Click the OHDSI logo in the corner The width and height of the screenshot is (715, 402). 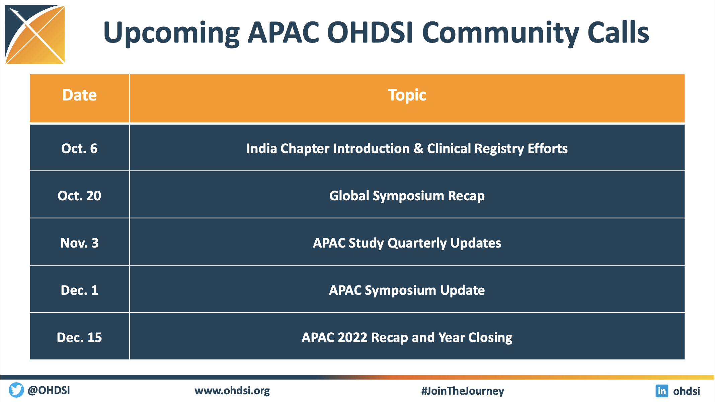coord(35,35)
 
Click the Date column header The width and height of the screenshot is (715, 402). coord(79,95)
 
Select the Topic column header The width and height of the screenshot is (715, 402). coord(407,95)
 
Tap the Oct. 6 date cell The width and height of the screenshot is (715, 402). coord(79,148)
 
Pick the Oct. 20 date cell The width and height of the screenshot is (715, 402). coord(79,196)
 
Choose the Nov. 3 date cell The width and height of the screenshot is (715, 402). coord(79,243)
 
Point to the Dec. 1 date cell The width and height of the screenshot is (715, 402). coord(79,290)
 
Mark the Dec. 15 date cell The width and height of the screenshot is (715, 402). coord(79,337)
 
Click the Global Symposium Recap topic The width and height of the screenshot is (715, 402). coord(407,196)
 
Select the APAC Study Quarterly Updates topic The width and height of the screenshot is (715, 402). coord(407,243)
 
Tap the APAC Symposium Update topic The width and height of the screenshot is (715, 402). coord(407,290)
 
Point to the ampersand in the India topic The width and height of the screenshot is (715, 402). coord(418,148)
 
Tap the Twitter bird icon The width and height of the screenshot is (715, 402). coord(16,390)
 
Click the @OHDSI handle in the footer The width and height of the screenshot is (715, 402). coord(49,390)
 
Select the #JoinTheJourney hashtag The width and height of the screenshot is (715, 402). coord(463,391)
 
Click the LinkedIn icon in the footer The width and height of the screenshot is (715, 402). coord(662,391)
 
